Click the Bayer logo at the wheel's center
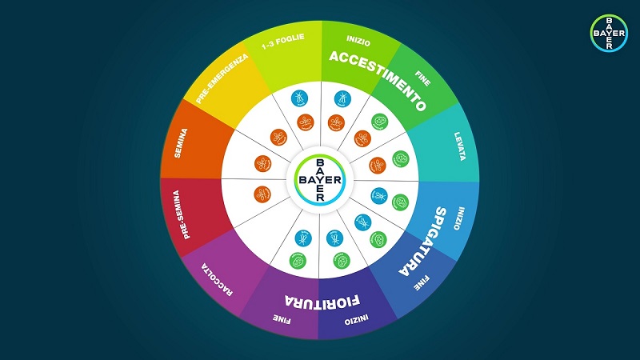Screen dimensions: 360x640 (320, 179)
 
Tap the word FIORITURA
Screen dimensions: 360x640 (321, 301)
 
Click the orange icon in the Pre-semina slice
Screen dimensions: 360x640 (262, 194)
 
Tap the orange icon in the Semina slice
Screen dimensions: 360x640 (262, 163)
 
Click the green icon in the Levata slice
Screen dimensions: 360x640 (401, 158)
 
